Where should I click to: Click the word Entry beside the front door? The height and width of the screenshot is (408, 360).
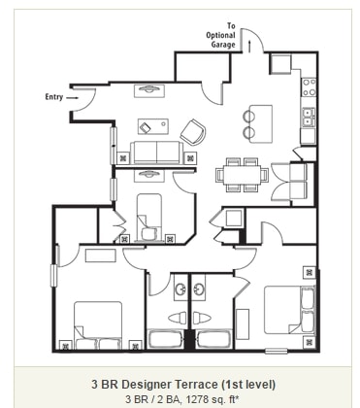pos(54,97)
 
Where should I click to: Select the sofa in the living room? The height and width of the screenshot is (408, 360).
pos(156,152)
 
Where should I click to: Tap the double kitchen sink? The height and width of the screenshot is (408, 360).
pos(308,118)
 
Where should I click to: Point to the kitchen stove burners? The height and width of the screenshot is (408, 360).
pos(308,90)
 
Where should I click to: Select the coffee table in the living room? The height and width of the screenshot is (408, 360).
pos(151,126)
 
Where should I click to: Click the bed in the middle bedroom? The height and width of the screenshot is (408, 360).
pos(149,215)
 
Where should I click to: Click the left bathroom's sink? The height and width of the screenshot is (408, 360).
pos(180,289)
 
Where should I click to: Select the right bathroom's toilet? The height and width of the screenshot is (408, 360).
pos(204,318)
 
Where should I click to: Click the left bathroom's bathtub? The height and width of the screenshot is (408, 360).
pos(164,340)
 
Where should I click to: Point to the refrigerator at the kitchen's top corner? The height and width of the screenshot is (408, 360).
pos(282,65)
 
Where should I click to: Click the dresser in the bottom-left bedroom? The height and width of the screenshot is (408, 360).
pos(99,256)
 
